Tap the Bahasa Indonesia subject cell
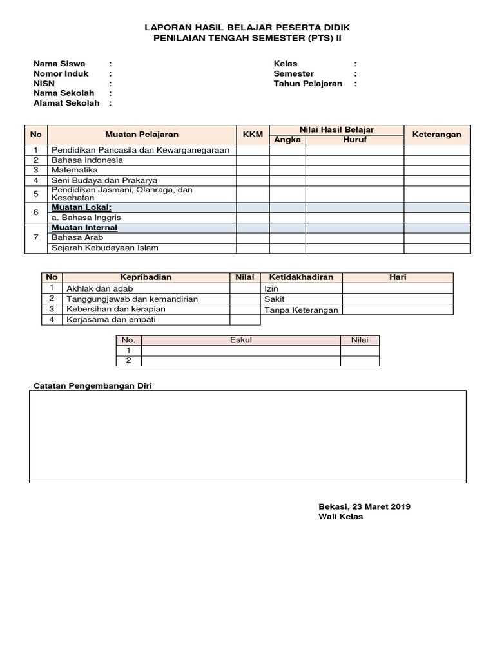tap(87, 160)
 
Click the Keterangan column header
tap(436, 135)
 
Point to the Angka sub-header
tap(287, 140)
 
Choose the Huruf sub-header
tap(354, 140)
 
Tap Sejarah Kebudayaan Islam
tap(104, 248)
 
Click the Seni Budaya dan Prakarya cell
tap(104, 180)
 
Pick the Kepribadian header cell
tap(146, 277)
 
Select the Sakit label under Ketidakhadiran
tap(275, 299)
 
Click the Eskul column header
tap(241, 340)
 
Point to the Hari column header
tap(398, 277)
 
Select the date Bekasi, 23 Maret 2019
tap(364, 506)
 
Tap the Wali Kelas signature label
tap(340, 517)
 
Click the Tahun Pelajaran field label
tap(307, 84)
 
